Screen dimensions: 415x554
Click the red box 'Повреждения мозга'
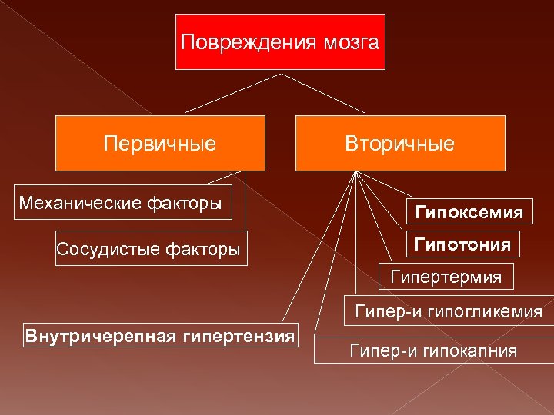[280, 41]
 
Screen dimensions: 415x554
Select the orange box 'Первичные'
[160, 143]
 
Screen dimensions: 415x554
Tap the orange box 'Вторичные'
[400, 143]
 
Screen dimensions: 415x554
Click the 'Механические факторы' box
[123, 203]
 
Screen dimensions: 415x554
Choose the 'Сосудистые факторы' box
[151, 248]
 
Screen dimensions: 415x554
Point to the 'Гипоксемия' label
[469, 211]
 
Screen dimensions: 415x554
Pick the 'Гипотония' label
[462, 245]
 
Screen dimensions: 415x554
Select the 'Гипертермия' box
[446, 276]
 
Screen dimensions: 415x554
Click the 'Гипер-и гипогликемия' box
[448, 312]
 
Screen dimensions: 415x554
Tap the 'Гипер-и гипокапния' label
[433, 351]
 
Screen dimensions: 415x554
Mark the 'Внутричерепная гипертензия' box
[160, 336]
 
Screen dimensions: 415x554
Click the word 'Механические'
[81, 203]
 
